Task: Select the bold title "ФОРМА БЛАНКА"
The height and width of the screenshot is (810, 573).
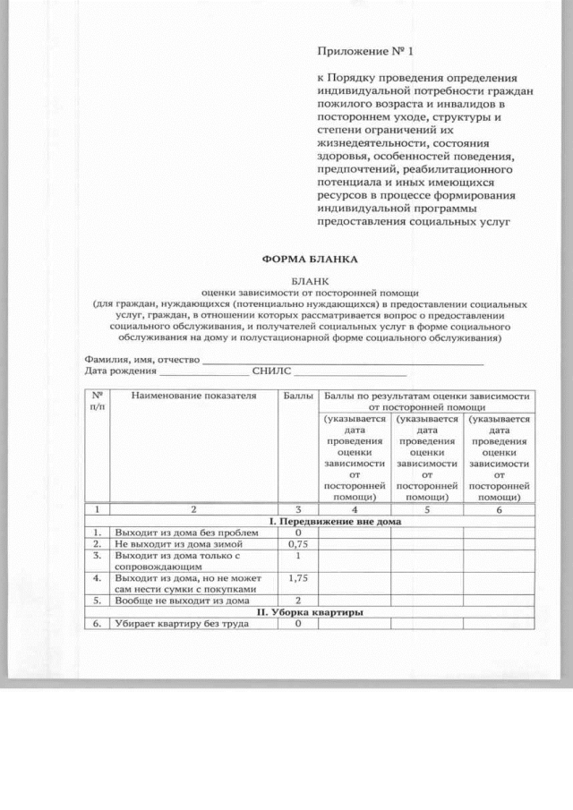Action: point(309,260)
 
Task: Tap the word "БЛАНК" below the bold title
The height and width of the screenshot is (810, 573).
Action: point(309,280)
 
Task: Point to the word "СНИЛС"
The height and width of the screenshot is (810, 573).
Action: point(272,371)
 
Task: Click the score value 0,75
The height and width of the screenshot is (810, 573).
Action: point(299,543)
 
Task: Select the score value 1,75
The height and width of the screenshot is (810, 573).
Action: point(299,578)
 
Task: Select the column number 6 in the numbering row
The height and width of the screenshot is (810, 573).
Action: point(499,510)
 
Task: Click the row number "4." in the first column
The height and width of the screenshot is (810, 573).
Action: point(98,578)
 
